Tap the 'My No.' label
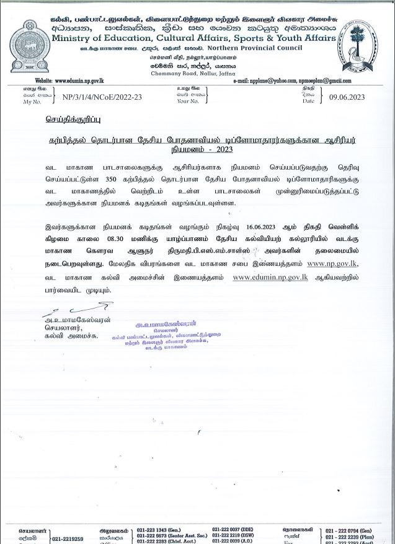point(32,102)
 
